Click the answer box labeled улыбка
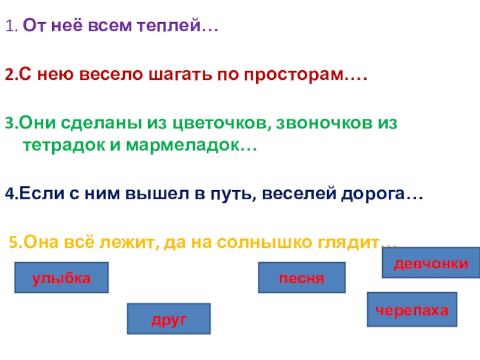61,278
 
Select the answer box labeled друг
169,319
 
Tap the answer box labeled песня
302,278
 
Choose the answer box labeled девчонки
431,263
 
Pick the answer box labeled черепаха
412,310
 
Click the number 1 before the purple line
9,27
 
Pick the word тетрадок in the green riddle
55,146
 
